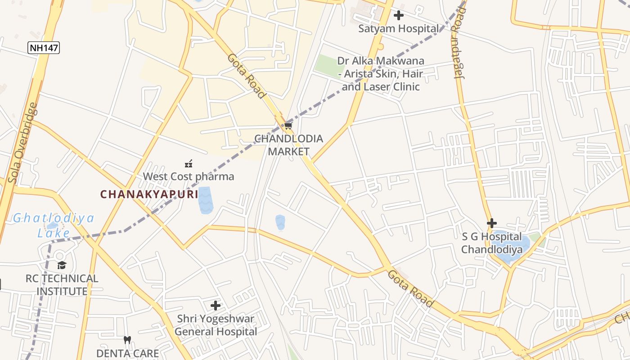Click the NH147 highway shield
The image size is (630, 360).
[44, 48]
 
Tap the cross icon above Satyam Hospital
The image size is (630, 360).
[398, 16]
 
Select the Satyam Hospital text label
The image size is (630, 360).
[398, 29]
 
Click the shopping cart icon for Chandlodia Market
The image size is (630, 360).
[288, 126]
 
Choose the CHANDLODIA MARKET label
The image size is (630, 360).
[288, 145]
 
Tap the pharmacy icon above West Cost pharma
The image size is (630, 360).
[189, 164]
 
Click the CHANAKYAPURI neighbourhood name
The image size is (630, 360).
[149, 194]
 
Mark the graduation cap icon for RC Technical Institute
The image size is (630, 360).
[62, 265]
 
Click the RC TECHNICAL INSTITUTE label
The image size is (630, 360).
[62, 285]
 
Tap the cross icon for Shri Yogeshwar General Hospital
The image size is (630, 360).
[216, 306]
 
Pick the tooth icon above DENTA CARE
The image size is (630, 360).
[127, 340]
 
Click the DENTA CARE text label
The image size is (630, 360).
[127, 353]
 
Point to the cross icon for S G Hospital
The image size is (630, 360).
[492, 223]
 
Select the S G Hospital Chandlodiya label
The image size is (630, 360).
[491, 243]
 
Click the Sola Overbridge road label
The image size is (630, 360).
[22, 144]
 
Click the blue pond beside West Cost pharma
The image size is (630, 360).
[205, 200]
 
